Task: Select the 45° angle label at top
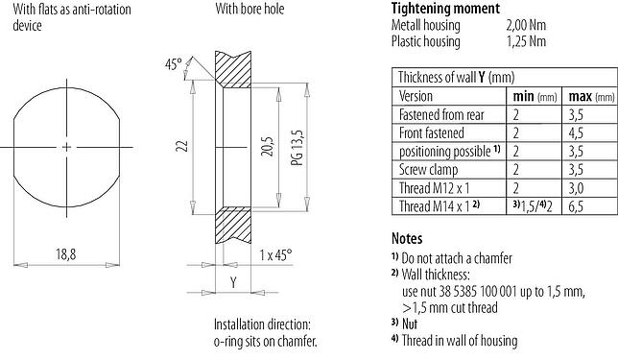[x=174, y=64]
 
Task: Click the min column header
[x=525, y=97]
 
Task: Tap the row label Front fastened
[x=432, y=133]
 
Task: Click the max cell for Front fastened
[x=578, y=133]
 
